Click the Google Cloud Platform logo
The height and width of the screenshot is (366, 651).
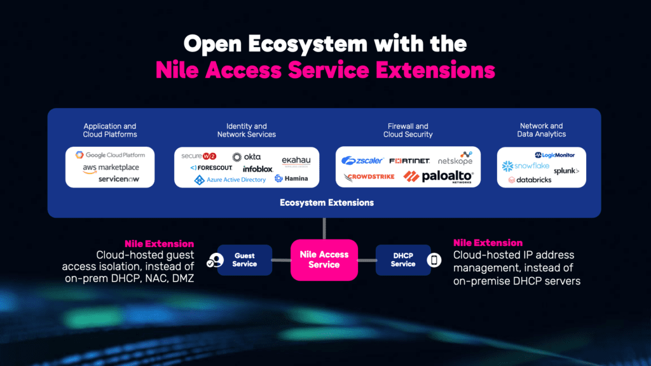pyautogui.click(x=110, y=155)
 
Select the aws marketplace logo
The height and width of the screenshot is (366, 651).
pyautogui.click(x=111, y=168)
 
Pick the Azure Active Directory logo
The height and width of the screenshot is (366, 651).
pyautogui.click(x=230, y=180)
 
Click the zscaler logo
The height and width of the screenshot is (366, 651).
pyautogui.click(x=361, y=161)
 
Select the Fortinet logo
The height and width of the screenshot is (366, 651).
pyautogui.click(x=409, y=161)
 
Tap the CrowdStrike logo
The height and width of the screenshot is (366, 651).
pyautogui.click(x=369, y=177)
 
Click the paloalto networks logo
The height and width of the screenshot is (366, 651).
pyautogui.click(x=439, y=177)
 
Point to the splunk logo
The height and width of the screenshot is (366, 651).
pyautogui.click(x=566, y=171)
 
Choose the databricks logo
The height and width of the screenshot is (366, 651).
pyautogui.click(x=530, y=180)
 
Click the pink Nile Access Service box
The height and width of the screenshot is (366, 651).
pyautogui.click(x=324, y=259)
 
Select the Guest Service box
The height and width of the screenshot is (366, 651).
pyautogui.click(x=244, y=260)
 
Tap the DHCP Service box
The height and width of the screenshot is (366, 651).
pyautogui.click(x=402, y=260)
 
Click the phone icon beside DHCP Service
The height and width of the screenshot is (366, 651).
pyautogui.click(x=435, y=260)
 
